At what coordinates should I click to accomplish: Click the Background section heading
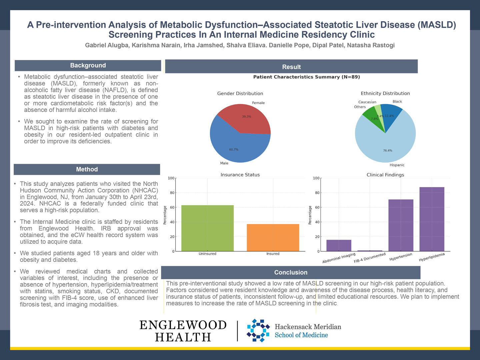click(88, 66)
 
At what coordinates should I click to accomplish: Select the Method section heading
click(87, 169)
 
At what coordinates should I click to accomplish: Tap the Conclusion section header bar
click(291, 272)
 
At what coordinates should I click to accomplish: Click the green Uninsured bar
click(207, 228)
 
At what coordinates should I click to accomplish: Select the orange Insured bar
click(273, 238)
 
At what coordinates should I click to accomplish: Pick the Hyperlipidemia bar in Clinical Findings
click(432, 219)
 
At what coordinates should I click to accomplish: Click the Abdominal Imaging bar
click(339, 245)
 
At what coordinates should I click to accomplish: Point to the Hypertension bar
click(401, 225)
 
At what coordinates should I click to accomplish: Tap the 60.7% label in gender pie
click(234, 150)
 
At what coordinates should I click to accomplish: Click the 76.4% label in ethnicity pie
click(388, 151)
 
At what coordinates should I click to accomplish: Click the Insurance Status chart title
click(240, 175)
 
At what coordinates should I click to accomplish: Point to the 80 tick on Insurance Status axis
click(172, 193)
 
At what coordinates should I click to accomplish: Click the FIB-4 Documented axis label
click(370, 258)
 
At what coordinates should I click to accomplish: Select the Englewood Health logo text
click(183, 331)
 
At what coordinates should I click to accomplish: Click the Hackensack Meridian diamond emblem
click(258, 330)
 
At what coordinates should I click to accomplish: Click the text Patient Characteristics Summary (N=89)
click(306, 77)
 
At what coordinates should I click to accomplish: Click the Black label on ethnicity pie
click(397, 102)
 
